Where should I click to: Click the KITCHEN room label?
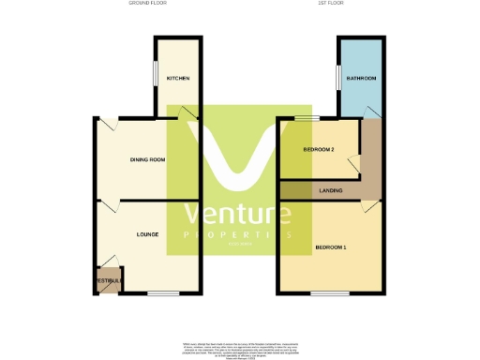coord(178,78)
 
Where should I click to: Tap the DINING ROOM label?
coord(147,160)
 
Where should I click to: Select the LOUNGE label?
coord(146,233)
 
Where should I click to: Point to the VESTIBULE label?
coord(105,281)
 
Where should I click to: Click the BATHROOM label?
coord(361,78)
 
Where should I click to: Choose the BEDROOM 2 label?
coord(319,150)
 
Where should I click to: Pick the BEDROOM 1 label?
coord(331,247)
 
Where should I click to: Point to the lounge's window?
coord(161,293)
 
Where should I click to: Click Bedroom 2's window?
coord(304,118)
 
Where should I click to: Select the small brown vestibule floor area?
coord(107,280)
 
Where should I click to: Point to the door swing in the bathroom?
coord(373,112)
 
